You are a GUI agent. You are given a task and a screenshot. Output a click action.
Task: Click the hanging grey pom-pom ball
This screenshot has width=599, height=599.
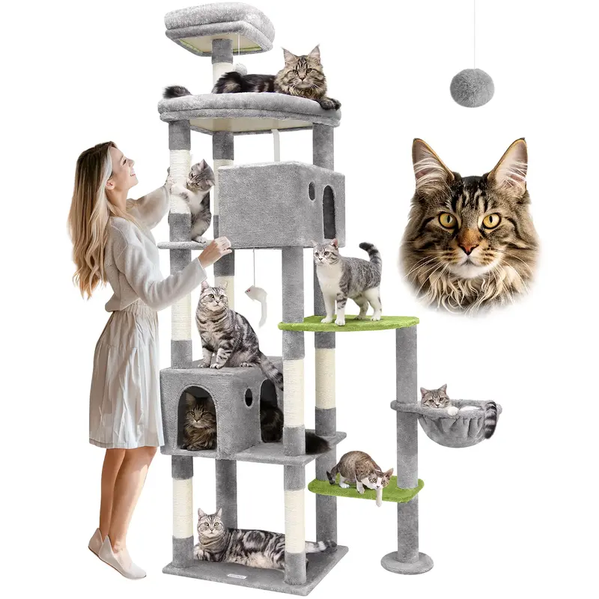click(472, 88)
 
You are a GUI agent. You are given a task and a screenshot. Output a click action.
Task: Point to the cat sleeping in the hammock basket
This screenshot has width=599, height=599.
click(438, 398)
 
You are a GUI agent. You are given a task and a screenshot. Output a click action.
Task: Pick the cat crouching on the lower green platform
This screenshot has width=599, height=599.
click(359, 469)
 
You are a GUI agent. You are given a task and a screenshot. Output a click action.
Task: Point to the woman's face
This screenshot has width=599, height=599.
click(122, 168)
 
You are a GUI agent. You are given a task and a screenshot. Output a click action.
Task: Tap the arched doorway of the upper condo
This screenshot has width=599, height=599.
click(329, 212)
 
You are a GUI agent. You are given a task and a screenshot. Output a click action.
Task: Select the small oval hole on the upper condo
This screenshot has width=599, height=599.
click(311, 192)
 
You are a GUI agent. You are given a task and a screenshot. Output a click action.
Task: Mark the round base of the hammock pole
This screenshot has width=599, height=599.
click(407, 561)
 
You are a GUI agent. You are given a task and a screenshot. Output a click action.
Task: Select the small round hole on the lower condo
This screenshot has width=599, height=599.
click(248, 397)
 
